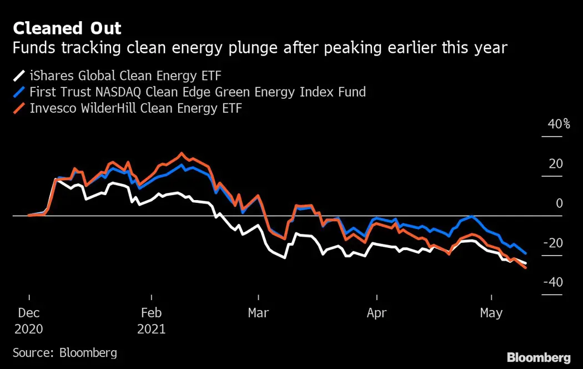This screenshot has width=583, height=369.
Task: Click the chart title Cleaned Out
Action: point(67,28)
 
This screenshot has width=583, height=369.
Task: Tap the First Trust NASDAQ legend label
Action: point(198,92)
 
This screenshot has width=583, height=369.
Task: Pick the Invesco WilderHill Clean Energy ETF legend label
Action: point(135,108)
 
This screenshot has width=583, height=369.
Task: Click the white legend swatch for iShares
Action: point(19,76)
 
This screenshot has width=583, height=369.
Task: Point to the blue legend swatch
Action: point(19,92)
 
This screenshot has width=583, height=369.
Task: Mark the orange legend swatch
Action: point(19,108)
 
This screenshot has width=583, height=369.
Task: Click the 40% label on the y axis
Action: point(559,124)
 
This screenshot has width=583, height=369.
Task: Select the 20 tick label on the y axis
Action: point(555,164)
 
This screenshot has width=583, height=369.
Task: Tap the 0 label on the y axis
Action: point(559,203)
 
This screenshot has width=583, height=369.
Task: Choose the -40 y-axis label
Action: point(553,282)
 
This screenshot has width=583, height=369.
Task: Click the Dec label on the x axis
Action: point(28,313)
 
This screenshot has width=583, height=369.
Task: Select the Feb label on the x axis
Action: point(151,313)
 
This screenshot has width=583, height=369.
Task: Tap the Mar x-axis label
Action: point(258,313)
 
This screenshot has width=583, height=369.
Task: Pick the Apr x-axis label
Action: point(376,313)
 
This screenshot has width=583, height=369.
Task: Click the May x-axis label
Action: point(491,313)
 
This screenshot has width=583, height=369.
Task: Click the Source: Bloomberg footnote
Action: point(65,353)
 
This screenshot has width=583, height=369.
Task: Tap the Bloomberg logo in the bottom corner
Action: point(539,357)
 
